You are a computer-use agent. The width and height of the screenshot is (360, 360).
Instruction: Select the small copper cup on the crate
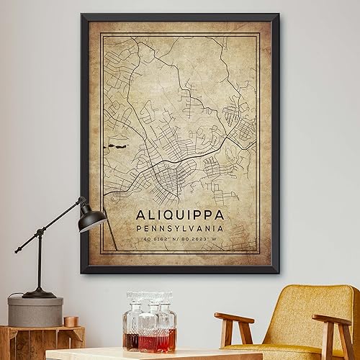[x=71, y=321]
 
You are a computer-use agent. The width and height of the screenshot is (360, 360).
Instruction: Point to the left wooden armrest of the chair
[x=235, y=318]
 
